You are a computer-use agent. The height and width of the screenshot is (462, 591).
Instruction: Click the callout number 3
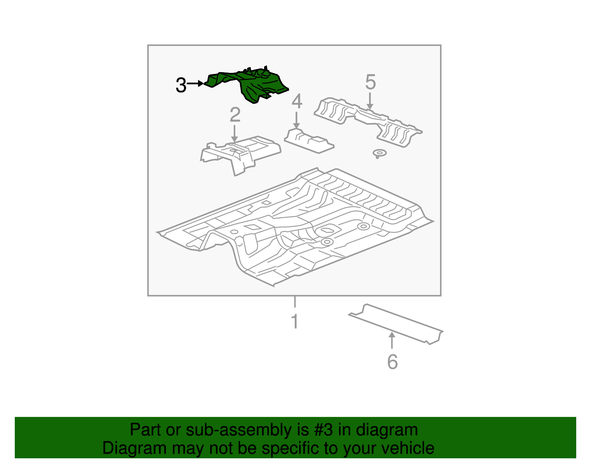tap(181, 85)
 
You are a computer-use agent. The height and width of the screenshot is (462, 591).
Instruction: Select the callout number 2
tap(235, 115)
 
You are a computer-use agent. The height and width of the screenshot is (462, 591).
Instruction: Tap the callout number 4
tap(297, 101)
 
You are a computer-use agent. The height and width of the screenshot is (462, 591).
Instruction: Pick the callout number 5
tap(370, 82)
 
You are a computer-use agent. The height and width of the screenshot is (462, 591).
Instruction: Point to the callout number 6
tap(392, 361)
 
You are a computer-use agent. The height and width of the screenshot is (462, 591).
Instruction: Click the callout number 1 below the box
tap(295, 321)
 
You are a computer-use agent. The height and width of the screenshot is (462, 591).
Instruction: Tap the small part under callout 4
tap(309, 141)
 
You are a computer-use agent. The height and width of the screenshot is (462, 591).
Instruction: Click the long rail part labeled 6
tap(396, 324)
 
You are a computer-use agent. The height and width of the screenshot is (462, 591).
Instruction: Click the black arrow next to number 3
tap(195, 84)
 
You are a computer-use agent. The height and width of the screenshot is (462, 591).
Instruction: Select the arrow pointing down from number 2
tap(235, 134)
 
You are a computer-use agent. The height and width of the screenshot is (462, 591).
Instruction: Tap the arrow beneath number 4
tap(296, 120)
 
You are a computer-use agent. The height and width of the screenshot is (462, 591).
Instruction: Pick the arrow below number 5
tap(370, 101)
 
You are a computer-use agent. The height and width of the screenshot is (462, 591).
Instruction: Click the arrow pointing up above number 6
tap(392, 340)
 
